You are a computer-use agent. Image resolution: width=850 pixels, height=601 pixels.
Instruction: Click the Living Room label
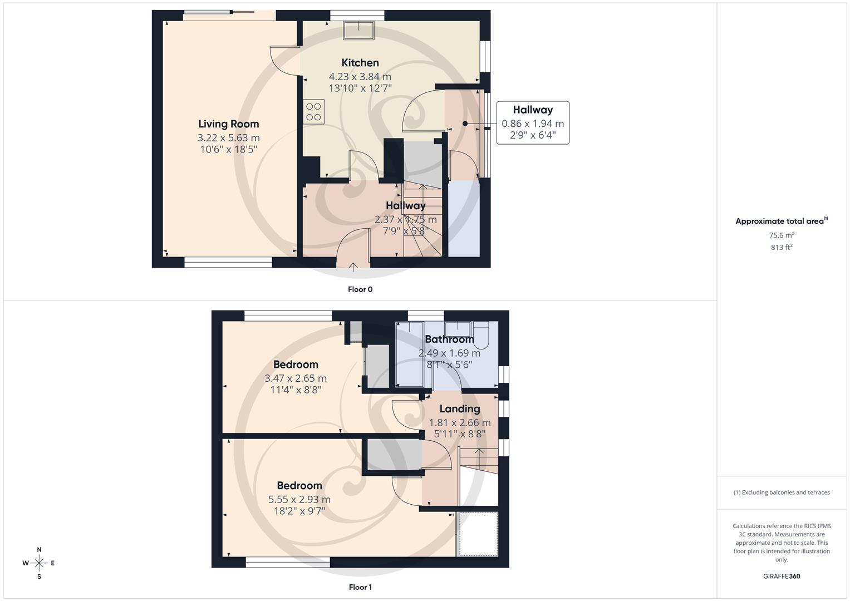point(229,124)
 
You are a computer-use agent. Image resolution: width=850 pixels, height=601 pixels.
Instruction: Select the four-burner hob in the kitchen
point(314,111)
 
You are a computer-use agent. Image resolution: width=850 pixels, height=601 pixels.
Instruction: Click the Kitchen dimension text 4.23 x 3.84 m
point(360,77)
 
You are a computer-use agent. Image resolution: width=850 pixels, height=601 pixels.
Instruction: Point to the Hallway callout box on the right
point(533,122)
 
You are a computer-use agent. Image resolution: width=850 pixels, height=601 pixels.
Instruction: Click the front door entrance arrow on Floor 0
point(353,266)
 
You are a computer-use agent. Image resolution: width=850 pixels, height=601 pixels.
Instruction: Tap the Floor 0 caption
point(360,289)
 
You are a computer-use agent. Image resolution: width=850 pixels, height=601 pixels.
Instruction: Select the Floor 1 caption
point(360,587)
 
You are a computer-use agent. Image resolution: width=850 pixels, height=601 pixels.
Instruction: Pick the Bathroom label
point(449,339)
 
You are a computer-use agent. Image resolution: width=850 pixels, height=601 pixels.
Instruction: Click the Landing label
point(459,409)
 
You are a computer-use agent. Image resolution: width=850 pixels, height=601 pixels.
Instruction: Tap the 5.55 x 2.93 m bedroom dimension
point(299,500)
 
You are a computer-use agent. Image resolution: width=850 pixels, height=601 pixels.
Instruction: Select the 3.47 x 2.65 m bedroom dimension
point(296,378)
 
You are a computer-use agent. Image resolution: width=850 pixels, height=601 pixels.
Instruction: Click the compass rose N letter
point(39,550)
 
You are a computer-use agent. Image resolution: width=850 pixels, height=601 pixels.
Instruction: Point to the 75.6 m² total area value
point(782,235)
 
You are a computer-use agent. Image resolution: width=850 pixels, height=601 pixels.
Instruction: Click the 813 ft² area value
point(782,248)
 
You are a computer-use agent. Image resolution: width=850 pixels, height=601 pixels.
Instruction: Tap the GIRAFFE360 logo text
point(782,577)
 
